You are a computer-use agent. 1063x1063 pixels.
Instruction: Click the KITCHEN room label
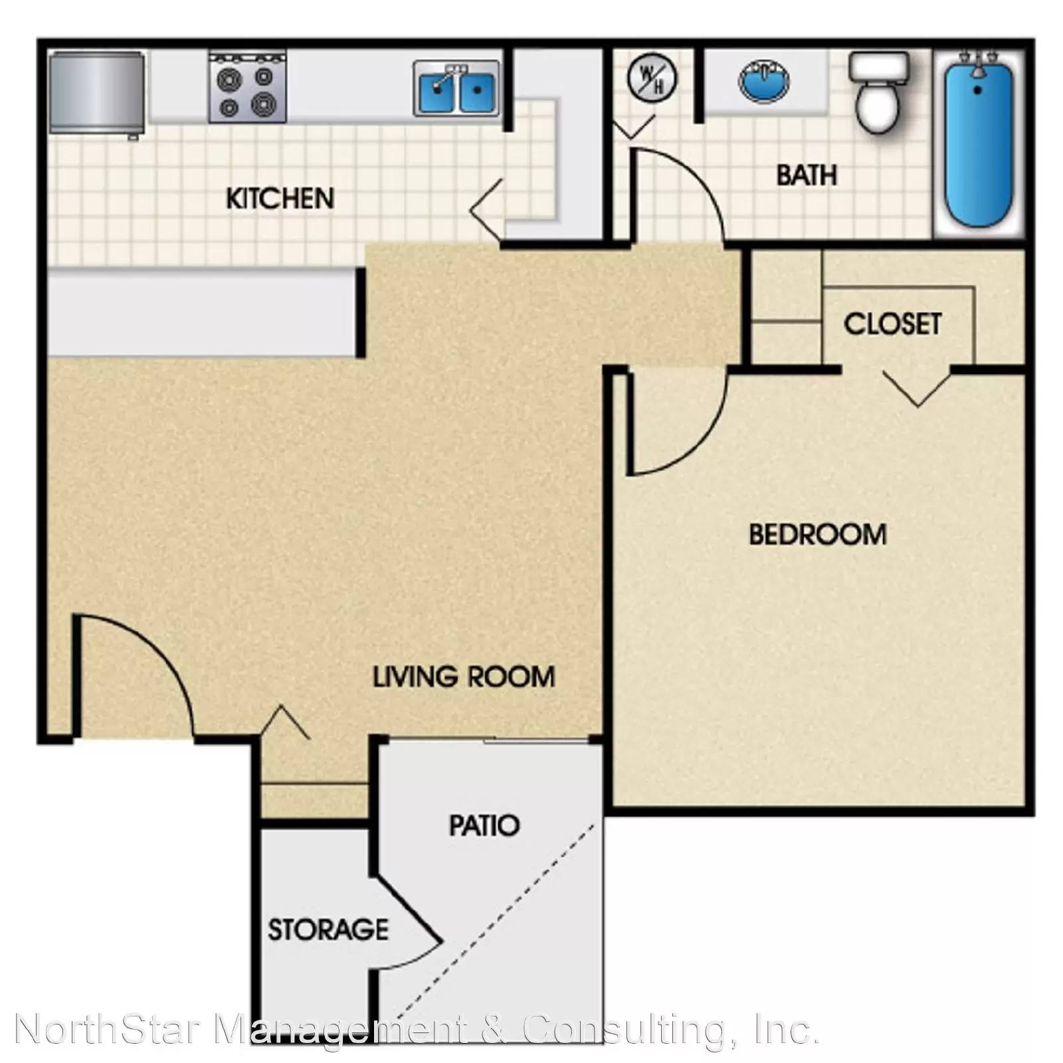[280, 199]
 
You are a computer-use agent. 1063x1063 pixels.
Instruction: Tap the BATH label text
[807, 175]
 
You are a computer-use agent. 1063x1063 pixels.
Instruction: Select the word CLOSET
[892, 324]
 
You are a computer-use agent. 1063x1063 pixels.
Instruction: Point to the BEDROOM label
[818, 535]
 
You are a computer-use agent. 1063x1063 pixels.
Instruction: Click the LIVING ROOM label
[464, 677]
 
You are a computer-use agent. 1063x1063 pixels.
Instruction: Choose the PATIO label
[484, 826]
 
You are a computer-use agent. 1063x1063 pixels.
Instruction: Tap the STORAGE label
[328, 929]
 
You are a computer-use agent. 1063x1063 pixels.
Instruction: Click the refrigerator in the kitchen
[97, 92]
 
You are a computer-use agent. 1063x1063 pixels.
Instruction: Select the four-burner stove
[248, 87]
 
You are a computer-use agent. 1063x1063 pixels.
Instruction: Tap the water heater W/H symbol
[652, 77]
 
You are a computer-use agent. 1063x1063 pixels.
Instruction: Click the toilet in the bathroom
[879, 92]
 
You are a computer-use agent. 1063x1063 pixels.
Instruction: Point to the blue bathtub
[979, 143]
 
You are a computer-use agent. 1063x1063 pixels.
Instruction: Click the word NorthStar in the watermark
[107, 1030]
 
